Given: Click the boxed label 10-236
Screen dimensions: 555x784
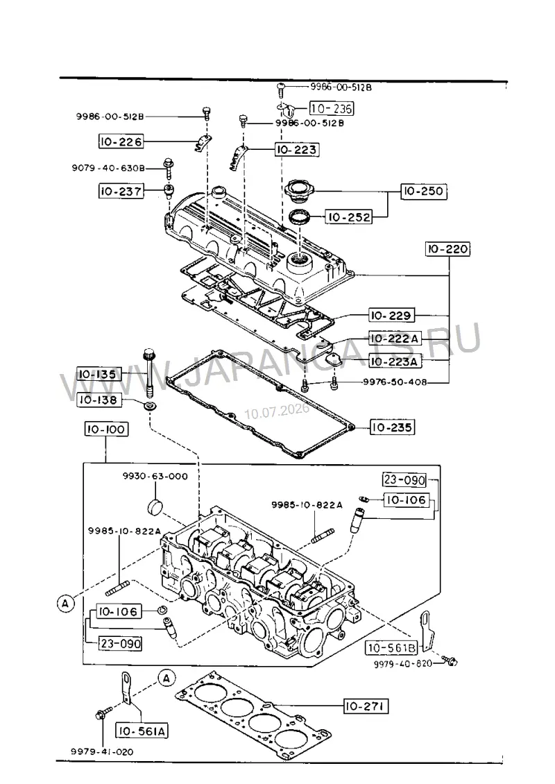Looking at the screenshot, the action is pyautogui.click(x=332, y=108).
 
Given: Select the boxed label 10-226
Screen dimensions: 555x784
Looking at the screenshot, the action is pyautogui.click(x=121, y=142).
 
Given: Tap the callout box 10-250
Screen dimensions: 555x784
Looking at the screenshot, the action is pyautogui.click(x=423, y=191).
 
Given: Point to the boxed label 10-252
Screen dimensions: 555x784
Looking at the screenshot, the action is pyautogui.click(x=349, y=217).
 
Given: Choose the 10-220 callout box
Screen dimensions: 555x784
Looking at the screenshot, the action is pyautogui.click(x=448, y=249).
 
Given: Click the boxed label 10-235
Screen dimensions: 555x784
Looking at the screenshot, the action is pyautogui.click(x=392, y=427).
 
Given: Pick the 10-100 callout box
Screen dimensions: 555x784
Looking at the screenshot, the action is pyautogui.click(x=106, y=429).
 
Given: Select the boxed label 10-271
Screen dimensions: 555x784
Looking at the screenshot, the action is pyautogui.click(x=366, y=706).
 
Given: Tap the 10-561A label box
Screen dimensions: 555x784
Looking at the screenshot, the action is pyautogui.click(x=142, y=731).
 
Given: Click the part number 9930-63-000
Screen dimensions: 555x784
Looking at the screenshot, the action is pyautogui.click(x=155, y=477).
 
